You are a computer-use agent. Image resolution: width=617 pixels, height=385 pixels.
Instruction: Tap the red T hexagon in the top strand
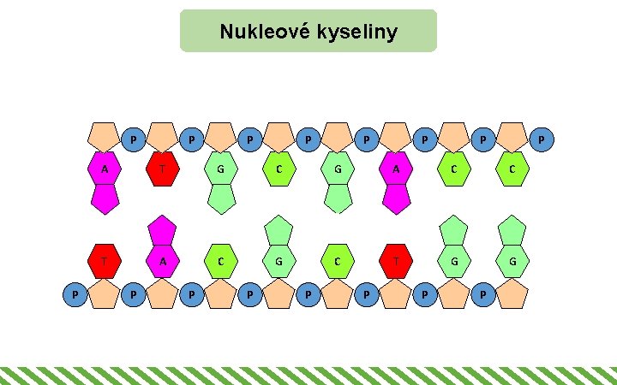pyautogui.click(x=162, y=169)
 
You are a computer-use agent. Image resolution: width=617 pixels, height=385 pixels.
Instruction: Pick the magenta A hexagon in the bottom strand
pyautogui.click(x=162, y=260)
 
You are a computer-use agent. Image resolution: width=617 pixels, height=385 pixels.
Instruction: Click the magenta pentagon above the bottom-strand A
pyautogui.click(x=162, y=230)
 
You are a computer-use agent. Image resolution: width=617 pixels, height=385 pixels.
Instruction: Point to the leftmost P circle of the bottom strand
pyautogui.click(x=76, y=295)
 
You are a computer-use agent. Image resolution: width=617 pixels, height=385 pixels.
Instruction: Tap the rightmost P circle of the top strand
pyautogui.click(x=541, y=138)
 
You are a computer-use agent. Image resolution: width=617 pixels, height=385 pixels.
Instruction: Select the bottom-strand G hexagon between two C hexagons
pyautogui.click(x=279, y=260)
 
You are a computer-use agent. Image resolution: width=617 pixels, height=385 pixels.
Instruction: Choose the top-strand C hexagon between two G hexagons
pyautogui.click(x=279, y=169)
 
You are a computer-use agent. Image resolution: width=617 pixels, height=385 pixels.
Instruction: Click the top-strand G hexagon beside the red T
pyautogui.click(x=221, y=169)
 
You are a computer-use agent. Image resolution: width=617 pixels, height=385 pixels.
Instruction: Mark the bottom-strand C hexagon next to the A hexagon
pyautogui.click(x=221, y=260)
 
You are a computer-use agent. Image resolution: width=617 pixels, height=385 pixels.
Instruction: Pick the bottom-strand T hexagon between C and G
pyautogui.click(x=396, y=260)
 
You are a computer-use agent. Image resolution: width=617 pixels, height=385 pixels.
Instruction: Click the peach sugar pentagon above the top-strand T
pyautogui.click(x=162, y=136)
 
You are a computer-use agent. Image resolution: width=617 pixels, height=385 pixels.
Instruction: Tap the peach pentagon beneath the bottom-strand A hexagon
pyautogui.click(x=162, y=293)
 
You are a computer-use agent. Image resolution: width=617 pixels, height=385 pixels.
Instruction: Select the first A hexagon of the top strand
pyautogui.click(x=104, y=169)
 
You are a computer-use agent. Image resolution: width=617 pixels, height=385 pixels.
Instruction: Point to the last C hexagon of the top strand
pyautogui.click(x=512, y=169)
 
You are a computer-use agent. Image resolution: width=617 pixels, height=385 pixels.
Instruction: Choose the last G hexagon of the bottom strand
pyautogui.click(x=512, y=260)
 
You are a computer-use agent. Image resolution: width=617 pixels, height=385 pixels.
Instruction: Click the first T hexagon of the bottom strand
pyautogui.click(x=104, y=260)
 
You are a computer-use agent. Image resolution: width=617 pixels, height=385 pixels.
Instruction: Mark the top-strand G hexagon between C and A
pyautogui.click(x=338, y=169)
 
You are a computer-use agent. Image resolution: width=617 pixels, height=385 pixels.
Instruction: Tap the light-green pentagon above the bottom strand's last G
pyautogui.click(x=512, y=230)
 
